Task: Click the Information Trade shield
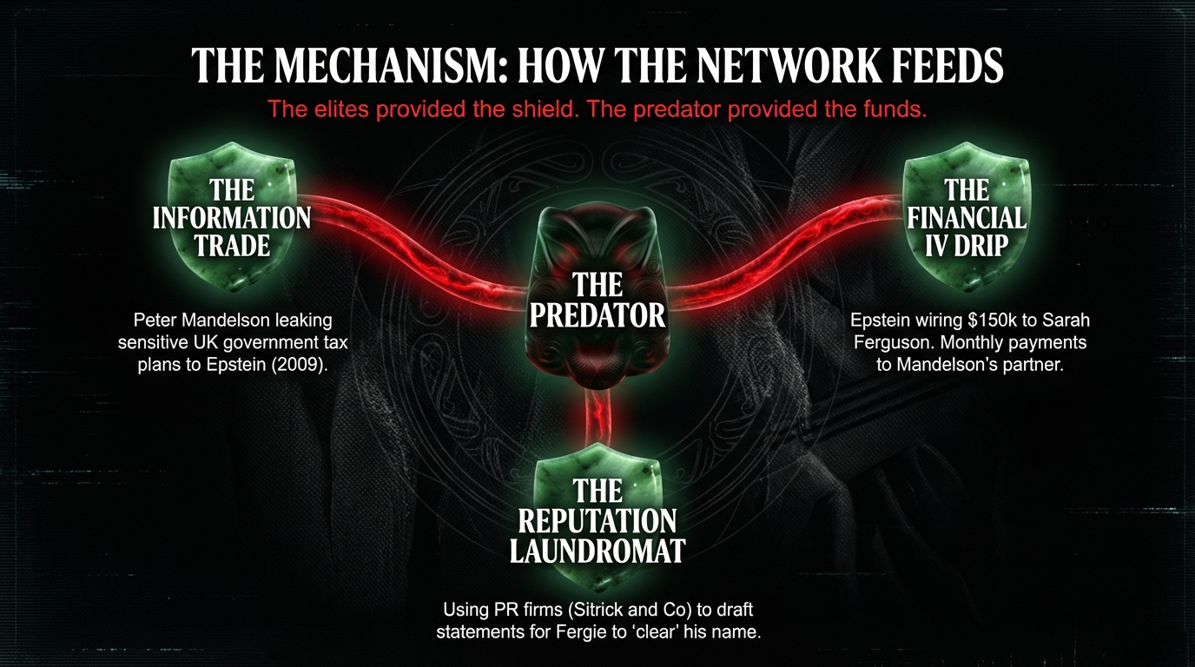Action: coord(232,217)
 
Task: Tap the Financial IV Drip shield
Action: coord(966,217)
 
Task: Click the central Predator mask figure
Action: coord(597,295)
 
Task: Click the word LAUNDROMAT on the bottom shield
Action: coord(597,551)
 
